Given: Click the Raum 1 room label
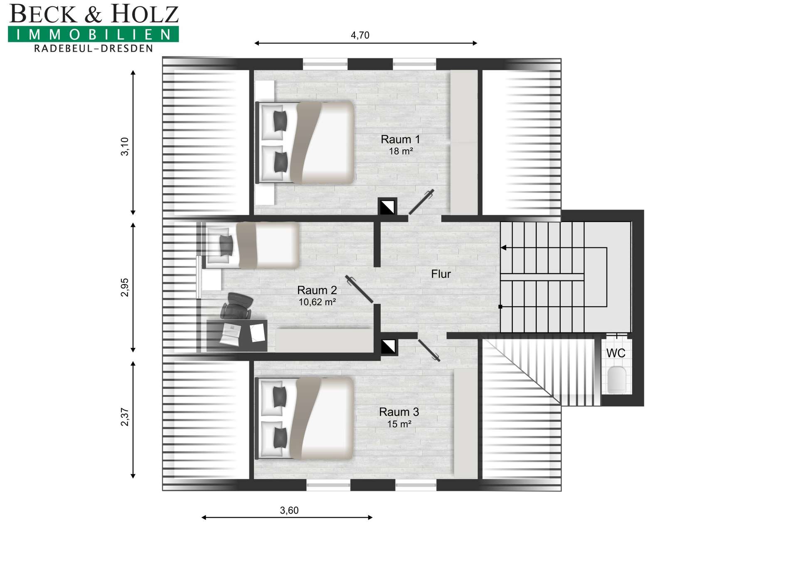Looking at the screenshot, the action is [400, 139].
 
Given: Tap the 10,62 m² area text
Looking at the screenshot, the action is [317, 302].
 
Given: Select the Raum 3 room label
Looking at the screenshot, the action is [399, 412].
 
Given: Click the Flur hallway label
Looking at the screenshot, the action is [441, 274].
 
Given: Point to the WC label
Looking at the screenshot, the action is [616, 353].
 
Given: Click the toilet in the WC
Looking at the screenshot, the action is [617, 379].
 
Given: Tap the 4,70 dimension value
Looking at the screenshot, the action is [360, 35].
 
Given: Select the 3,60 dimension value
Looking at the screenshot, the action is [289, 510].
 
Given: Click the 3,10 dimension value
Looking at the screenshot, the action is [125, 147].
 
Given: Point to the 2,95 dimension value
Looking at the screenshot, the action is [125, 287].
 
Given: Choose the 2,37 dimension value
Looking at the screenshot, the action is [125, 417].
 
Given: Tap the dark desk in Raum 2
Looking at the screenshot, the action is [237, 336].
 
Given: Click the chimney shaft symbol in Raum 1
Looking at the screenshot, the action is [387, 207].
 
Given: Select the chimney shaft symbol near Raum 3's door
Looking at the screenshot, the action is [389, 347].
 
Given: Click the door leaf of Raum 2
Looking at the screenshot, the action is [359, 289].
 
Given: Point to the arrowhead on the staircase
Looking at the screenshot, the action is [503, 248].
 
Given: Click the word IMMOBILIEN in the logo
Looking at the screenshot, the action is [94, 34].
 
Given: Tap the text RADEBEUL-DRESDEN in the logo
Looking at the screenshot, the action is [94, 49].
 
